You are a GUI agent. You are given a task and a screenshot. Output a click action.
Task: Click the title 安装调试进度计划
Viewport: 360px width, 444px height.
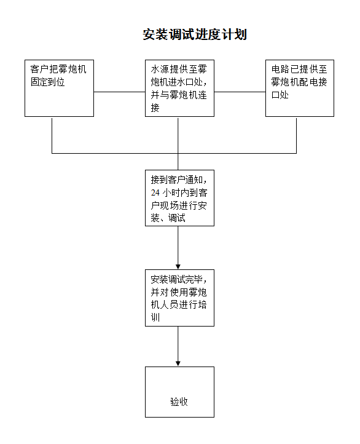coord(195,34)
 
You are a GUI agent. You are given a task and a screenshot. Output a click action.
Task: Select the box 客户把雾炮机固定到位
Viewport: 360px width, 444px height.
coord(59,88)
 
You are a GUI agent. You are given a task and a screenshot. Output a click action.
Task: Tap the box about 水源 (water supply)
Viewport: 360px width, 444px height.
coord(179,88)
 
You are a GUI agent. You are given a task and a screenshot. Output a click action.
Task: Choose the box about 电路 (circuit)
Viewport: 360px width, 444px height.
coord(300,88)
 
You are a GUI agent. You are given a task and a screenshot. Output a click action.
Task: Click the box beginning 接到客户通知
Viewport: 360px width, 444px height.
coord(179,198)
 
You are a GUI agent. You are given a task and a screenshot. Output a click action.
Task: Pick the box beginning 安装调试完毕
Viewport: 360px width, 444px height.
coord(179,298)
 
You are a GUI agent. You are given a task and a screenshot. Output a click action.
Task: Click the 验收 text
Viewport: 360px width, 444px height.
coord(179,402)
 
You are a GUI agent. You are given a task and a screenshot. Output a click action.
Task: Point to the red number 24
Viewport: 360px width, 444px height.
coord(155,192)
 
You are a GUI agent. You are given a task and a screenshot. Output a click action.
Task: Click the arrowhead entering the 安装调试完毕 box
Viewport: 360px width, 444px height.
coord(178,267)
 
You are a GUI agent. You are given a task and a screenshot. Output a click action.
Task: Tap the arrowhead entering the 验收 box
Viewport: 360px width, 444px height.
coord(178,364)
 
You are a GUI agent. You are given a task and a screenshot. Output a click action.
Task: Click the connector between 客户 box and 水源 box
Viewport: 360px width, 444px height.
coord(119,92)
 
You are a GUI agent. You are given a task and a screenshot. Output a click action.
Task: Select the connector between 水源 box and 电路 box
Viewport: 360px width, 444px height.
coord(240,92)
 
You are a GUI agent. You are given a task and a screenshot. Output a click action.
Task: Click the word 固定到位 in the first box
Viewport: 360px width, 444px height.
coord(48,82)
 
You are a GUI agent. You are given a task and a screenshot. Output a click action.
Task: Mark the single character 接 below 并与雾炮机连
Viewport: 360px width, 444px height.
coord(155,108)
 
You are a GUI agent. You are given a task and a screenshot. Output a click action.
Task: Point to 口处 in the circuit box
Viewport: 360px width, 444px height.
coord(280,95)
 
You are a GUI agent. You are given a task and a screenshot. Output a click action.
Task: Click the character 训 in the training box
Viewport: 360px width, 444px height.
coord(155,317)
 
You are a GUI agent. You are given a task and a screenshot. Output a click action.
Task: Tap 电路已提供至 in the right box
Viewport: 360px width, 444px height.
coord(299,69)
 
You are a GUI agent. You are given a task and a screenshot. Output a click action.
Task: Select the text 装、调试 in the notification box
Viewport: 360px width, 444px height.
coord(168,218)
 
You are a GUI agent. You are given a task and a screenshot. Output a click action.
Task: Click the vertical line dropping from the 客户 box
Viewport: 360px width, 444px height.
coord(52,136)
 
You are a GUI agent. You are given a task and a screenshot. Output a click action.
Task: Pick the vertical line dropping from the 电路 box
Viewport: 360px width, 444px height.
coord(296,136)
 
